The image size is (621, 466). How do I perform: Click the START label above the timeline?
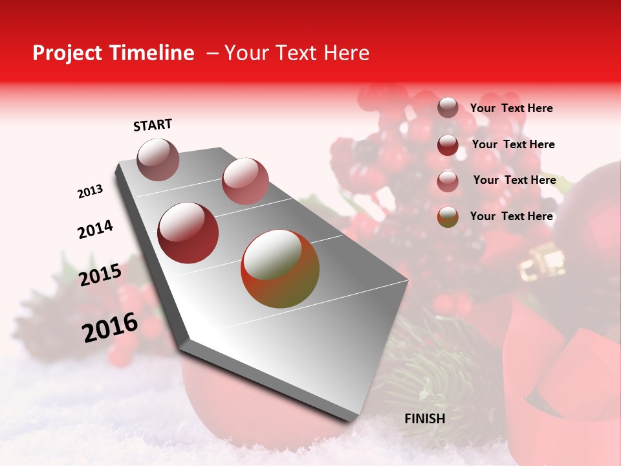click(153, 125)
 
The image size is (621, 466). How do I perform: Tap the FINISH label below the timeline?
click(424, 418)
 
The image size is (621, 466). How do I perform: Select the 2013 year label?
click(90, 192)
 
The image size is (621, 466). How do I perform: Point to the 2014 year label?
click(95, 229)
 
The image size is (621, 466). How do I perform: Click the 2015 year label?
click(100, 274)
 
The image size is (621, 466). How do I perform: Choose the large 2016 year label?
click(110, 327)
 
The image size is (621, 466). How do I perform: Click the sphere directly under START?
click(158, 159)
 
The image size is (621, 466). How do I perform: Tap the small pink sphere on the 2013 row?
click(245, 181)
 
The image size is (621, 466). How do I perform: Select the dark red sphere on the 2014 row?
click(188, 233)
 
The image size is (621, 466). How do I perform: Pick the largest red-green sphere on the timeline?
click(280, 269)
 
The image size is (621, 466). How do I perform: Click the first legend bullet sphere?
click(448, 107)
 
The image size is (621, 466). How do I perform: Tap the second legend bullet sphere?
click(448, 145)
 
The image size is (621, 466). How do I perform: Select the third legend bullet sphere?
click(448, 181)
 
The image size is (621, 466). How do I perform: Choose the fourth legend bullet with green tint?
click(448, 217)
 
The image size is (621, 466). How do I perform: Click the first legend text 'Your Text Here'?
click(511, 108)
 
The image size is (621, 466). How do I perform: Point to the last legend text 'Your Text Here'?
click(511, 216)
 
